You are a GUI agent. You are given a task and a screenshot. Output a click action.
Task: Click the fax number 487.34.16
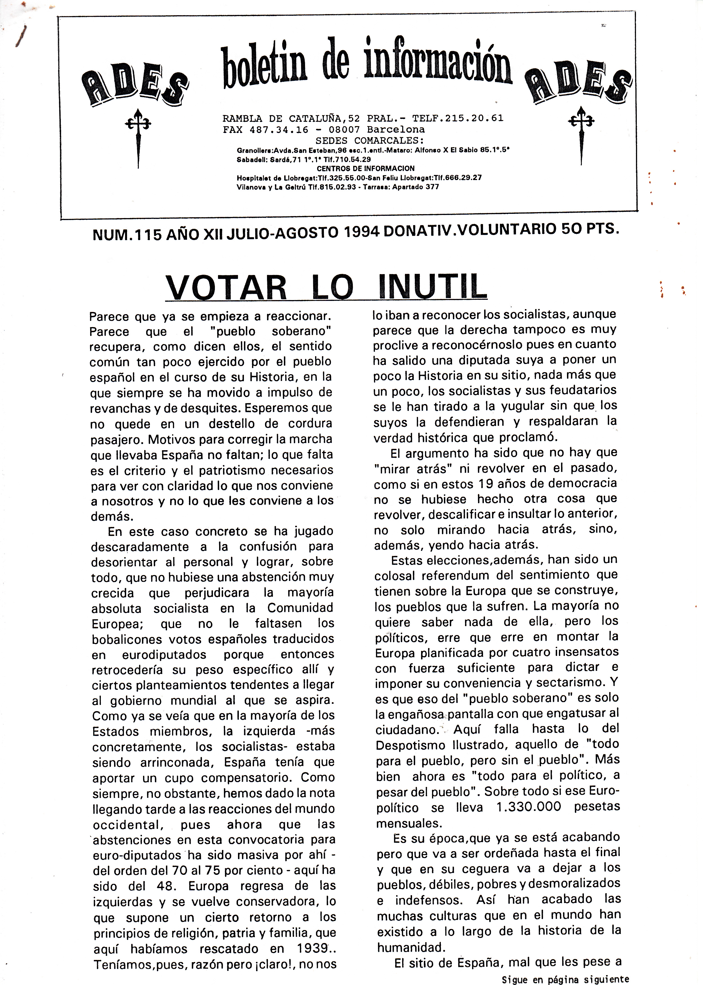pyautogui.click(x=279, y=129)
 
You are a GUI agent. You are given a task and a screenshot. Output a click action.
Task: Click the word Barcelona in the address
pyautogui.click(x=396, y=129)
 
